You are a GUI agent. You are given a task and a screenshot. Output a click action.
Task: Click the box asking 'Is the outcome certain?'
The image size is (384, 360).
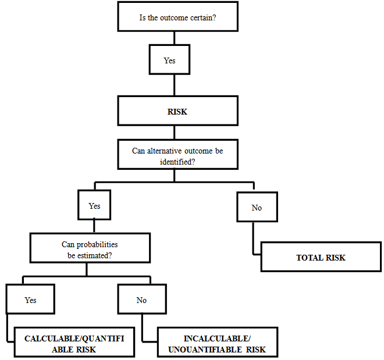coord(177,16)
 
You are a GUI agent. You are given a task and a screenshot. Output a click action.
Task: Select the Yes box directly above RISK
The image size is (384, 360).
coord(169,60)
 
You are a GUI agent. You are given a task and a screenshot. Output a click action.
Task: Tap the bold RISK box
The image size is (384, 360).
coord(177,111)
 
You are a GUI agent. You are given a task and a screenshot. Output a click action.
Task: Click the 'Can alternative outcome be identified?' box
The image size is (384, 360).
coord(177,156)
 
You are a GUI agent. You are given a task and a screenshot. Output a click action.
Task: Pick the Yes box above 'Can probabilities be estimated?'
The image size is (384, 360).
coord(94,206)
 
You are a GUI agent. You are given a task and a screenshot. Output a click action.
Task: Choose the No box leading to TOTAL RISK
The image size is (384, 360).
coord(257,208)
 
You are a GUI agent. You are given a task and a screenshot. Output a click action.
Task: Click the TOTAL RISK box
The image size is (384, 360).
coord(321,257)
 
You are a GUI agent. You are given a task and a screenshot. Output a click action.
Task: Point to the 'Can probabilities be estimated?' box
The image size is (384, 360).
coord(90,249)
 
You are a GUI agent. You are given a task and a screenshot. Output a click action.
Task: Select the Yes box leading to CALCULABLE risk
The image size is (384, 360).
coord(30,300)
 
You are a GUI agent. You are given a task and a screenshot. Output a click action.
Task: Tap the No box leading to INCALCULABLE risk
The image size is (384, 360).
coord(141,300)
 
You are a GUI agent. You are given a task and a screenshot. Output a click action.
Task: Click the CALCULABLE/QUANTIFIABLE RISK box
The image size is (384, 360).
coord(73,344)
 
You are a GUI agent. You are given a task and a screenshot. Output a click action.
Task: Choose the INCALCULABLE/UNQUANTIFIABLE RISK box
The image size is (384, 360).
coord(217,344)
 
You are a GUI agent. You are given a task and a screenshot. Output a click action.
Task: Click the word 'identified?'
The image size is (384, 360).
coord(177,161)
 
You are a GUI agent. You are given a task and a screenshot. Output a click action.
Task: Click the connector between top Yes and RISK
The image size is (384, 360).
coord(174,85)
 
